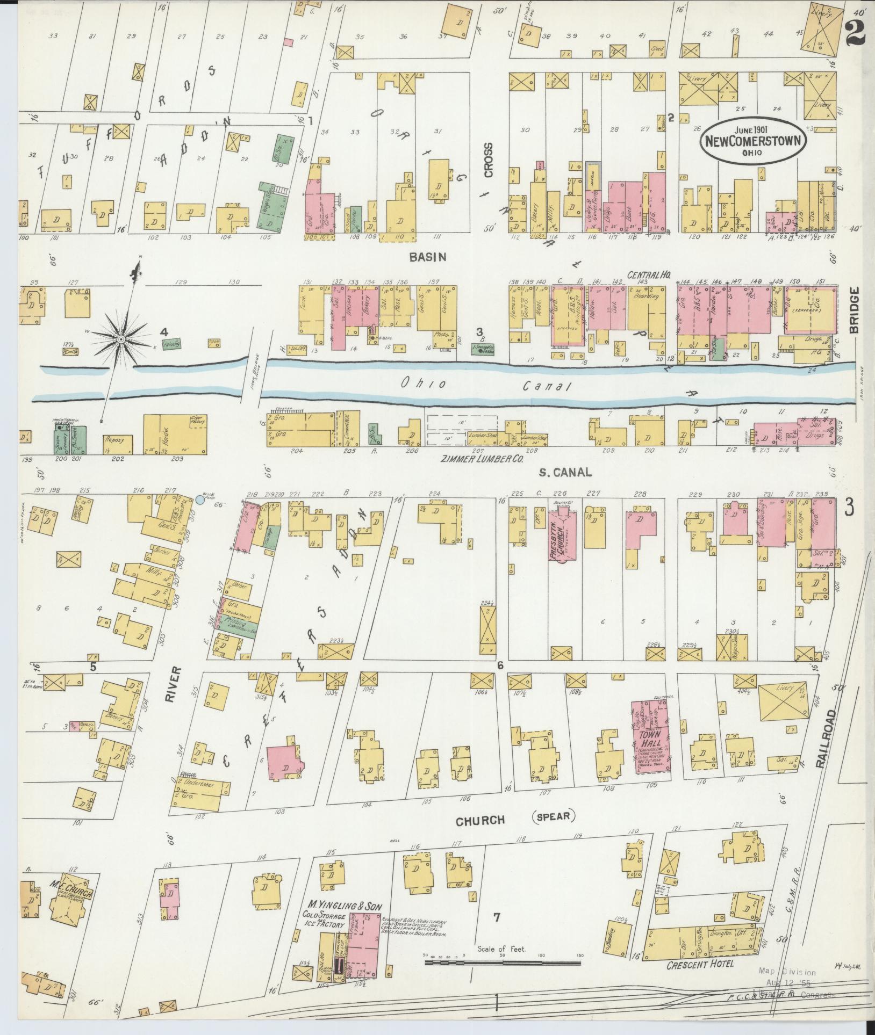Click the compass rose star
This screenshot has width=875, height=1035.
(x=121, y=339)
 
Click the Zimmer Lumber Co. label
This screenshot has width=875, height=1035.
(x=481, y=460)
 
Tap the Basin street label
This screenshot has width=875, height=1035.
(x=427, y=257)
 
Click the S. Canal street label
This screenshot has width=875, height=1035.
(x=565, y=472)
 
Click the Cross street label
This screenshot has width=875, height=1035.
(x=489, y=160)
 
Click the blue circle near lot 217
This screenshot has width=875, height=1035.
(x=200, y=500)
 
